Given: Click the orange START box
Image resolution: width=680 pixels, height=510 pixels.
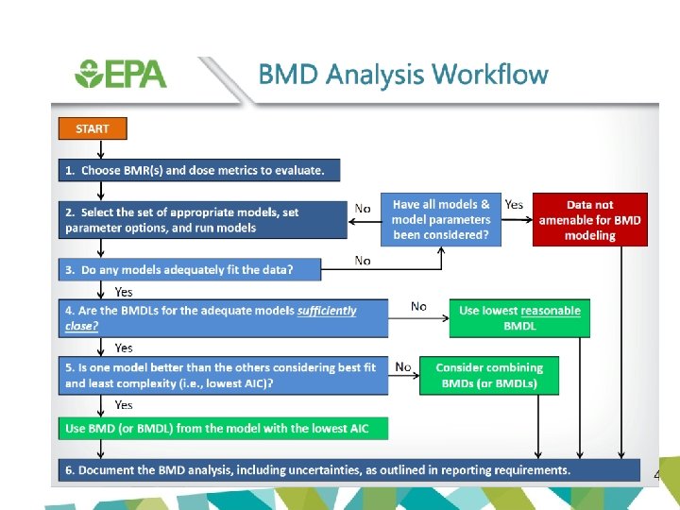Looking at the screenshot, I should (x=93, y=128).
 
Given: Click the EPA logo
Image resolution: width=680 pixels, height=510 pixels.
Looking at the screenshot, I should (x=120, y=74).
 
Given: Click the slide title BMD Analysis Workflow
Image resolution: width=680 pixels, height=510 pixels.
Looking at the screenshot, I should (x=403, y=75).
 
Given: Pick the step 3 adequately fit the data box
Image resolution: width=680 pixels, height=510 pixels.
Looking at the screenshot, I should (x=189, y=269).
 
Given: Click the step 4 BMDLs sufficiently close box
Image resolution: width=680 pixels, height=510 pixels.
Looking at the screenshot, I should (x=223, y=318).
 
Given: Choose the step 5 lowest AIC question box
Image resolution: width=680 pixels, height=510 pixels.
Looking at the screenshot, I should (x=223, y=375).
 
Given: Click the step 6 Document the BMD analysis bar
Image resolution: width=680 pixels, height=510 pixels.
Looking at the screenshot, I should (x=349, y=470).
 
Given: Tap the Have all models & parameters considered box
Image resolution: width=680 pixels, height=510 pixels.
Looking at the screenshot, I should (x=441, y=220).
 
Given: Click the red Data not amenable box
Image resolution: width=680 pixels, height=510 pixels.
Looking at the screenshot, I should (x=590, y=220).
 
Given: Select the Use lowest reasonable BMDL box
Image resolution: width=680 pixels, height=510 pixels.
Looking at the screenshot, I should (x=519, y=318).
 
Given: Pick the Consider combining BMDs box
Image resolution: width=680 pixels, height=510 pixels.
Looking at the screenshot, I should (x=489, y=375).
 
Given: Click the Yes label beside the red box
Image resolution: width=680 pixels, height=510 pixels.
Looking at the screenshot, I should (x=514, y=205).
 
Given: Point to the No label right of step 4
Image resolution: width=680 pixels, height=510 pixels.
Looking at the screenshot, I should (x=419, y=306).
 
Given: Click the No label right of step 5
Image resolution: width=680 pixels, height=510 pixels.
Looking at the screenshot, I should (x=403, y=366).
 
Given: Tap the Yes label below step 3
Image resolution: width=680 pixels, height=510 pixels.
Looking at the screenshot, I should (x=123, y=292).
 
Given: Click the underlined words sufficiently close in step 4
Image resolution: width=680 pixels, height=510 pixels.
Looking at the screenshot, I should (x=326, y=311).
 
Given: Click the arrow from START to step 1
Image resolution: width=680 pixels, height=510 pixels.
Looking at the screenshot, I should (x=100, y=149).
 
